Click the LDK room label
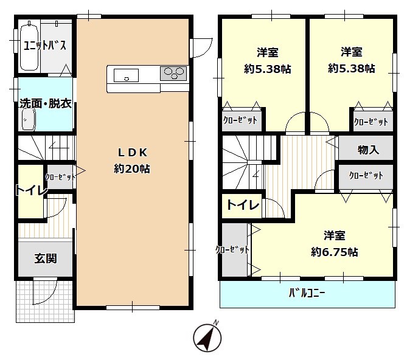133,153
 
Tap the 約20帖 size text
132,169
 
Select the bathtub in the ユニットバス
29,47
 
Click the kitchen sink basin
126,75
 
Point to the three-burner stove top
173,74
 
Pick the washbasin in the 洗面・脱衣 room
29,120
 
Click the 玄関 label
46,258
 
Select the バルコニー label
307,293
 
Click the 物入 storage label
368,150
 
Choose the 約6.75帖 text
335,252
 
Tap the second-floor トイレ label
243,206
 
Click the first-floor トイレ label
31,190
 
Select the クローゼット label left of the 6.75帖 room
232,250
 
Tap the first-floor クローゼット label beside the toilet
60,177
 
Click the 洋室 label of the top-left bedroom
267,52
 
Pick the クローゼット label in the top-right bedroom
371,122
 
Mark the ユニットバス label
45,46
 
